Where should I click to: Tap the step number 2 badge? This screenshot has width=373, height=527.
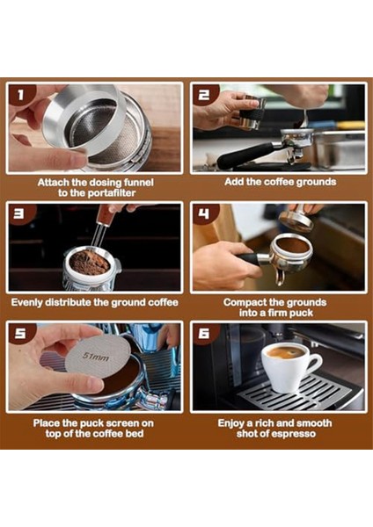click(205, 95)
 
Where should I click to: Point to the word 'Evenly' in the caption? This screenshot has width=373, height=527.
click(31, 302)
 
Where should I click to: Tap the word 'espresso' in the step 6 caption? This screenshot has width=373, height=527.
click(296, 435)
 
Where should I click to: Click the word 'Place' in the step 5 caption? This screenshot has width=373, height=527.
click(49, 422)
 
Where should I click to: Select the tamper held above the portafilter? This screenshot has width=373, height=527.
click(297, 220)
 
